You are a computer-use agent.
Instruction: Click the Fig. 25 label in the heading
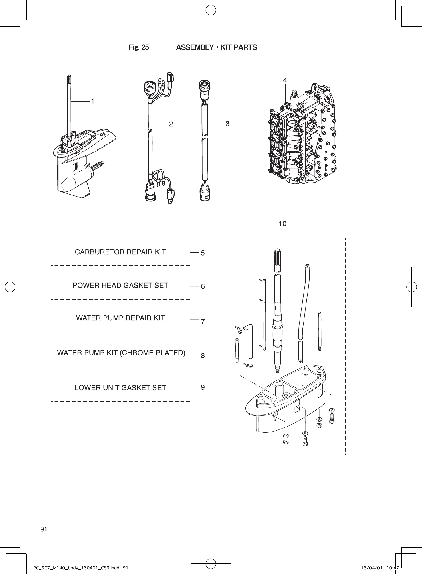click(139, 47)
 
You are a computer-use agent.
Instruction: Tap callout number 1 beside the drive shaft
click(93, 101)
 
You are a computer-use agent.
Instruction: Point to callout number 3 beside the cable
click(227, 124)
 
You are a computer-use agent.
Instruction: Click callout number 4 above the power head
click(285, 80)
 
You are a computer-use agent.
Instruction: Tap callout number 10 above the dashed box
click(282, 224)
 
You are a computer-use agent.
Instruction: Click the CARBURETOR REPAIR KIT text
click(120, 252)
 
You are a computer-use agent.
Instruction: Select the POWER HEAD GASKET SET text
click(120, 286)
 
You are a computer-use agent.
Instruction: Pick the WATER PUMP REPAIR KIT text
click(120, 318)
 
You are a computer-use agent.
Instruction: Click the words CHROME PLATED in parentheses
click(152, 353)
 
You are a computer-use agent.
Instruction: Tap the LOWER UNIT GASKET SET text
click(120, 388)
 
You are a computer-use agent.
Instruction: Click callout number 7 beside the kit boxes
click(203, 322)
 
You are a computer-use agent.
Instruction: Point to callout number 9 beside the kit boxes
click(203, 387)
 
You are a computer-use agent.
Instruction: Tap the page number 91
click(44, 529)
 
